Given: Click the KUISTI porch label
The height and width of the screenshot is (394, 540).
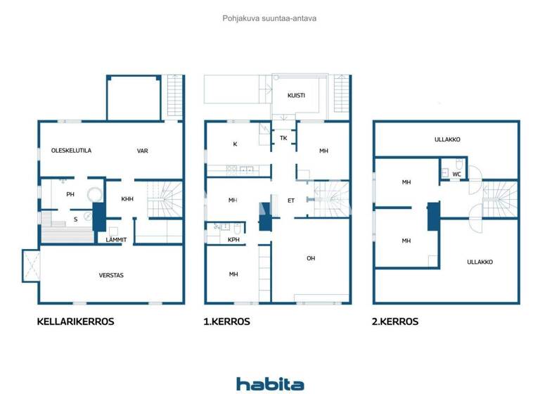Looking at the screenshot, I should click(296, 95).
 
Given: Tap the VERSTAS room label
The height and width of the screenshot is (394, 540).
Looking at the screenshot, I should click(111, 275).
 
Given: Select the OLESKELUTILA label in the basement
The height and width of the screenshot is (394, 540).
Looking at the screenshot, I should click(72, 151).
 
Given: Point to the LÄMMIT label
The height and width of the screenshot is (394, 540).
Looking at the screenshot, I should click(115, 240).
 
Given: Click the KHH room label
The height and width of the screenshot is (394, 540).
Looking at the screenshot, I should click(127, 199).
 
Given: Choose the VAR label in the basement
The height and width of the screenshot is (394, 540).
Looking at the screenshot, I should click(142, 151).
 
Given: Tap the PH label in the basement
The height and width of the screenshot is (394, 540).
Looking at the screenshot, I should click(70, 194).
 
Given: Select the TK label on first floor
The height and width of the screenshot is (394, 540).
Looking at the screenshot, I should click(283, 138).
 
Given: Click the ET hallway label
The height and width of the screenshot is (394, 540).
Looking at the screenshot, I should click(290, 201).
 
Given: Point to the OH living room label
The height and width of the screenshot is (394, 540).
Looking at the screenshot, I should click(311, 258).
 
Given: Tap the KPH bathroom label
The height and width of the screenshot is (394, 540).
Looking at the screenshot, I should click(234, 240).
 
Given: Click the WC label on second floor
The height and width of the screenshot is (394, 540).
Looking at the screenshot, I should click(457, 174).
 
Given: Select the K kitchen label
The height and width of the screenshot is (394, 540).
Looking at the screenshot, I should click(235, 144).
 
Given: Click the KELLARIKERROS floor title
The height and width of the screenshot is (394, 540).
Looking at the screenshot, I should click(75, 322).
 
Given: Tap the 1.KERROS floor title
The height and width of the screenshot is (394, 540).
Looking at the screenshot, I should click(226, 322).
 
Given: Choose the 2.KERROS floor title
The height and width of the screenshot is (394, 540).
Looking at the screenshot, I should click(395, 322).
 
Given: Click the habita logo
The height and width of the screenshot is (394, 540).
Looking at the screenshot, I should click(270, 383).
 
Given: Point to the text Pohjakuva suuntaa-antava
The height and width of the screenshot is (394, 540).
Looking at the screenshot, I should click(269, 18).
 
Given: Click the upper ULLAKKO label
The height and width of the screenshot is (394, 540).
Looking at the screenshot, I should click(447, 139).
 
